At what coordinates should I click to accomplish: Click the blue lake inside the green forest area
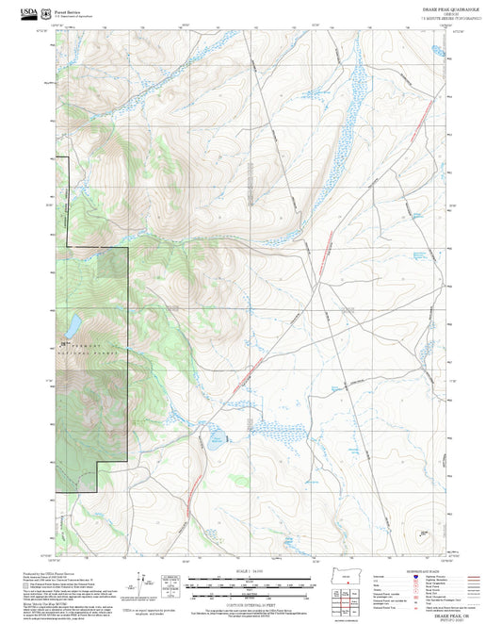72,327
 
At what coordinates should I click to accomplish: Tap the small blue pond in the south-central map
216,435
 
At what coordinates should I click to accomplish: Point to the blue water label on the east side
420,255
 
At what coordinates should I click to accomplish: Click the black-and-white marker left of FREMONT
63,345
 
